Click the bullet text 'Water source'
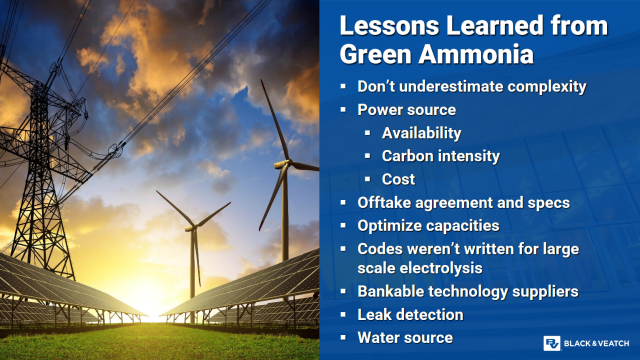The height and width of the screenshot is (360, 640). (405, 337)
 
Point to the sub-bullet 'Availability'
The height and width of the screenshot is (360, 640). (421, 133)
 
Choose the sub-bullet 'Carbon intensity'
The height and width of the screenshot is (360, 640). (441, 156)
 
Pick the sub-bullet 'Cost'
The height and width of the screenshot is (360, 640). (398, 179)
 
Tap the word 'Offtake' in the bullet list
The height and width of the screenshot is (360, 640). (385, 202)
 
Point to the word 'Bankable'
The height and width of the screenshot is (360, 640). (393, 291)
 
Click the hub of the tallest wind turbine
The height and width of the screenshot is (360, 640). (286, 162)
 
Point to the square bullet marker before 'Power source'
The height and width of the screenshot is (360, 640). (345, 111)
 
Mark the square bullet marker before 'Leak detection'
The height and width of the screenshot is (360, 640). (345, 315)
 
